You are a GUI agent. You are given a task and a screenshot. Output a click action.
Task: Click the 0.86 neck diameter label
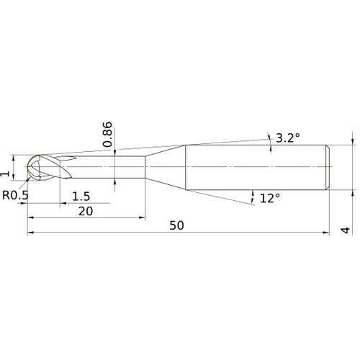pos(107,135)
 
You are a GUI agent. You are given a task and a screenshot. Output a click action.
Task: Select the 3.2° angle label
pos(288,138)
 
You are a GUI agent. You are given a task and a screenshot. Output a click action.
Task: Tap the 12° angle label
pos(270,199)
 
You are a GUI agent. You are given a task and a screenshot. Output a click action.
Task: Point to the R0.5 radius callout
pos(15,195)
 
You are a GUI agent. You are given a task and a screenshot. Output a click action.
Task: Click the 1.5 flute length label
pos(81,197)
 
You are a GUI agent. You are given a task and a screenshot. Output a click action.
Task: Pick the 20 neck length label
pos(86,211)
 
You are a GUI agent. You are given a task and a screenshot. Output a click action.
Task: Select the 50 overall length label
pos(176,225)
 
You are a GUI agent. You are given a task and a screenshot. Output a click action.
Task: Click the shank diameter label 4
pos(346,230)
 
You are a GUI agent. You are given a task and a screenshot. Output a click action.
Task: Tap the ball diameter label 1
pos(5,174)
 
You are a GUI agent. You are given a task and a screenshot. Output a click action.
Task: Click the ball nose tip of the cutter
pos(27,166)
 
